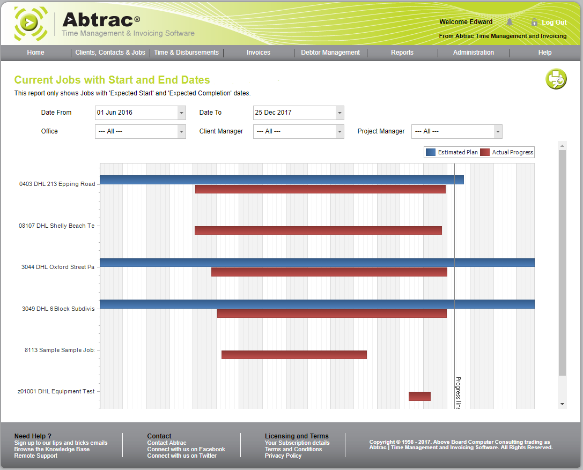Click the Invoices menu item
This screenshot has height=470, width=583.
pos(258,53)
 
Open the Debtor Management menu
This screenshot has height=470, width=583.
pos(330,53)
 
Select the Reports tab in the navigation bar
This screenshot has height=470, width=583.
pos(402,53)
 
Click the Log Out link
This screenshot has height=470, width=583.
pos(554,23)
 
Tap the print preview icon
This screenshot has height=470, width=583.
pos(556,79)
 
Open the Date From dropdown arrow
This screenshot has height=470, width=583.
pos(181,113)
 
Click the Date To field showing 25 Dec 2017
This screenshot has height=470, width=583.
pos(293,113)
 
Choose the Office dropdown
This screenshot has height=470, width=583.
pos(140,131)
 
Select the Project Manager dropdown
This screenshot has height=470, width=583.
pos(456,131)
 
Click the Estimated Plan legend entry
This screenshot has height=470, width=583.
pos(452,152)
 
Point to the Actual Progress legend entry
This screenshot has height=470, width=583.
pos(507,152)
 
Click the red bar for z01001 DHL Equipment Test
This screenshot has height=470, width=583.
pos(419,396)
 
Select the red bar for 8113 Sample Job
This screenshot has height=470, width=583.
pos(294,355)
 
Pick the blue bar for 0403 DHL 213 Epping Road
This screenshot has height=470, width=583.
pos(282,180)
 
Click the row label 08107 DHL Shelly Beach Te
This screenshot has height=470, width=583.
pos(56,226)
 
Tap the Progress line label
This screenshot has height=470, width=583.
pos(458,392)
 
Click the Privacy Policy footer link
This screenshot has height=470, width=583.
pos(283,456)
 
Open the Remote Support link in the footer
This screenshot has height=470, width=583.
pos(35,456)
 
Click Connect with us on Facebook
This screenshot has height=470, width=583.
pos(186,449)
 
